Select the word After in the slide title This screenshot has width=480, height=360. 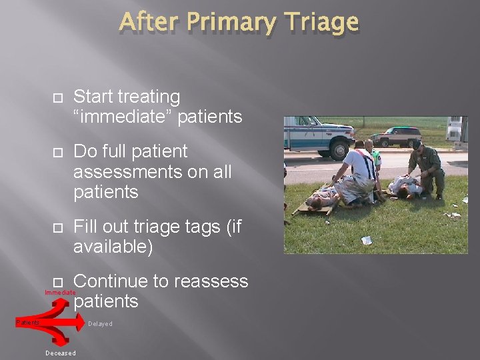click(x=149, y=22)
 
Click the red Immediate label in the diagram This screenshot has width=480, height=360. click(x=60, y=293)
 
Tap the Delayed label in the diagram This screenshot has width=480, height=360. click(x=100, y=324)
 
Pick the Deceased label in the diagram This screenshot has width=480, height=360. click(x=61, y=353)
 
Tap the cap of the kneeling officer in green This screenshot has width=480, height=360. click(x=417, y=144)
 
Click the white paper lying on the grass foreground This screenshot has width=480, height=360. click(x=366, y=240)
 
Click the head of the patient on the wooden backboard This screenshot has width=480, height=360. click(x=312, y=200)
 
